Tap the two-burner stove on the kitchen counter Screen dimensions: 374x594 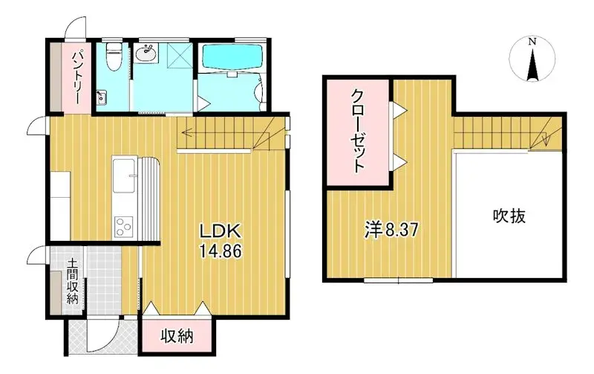coord(123,225)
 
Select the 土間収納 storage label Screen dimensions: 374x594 coord(72,280)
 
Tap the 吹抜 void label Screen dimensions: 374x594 coord(509,216)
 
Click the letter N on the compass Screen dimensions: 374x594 coord(532,42)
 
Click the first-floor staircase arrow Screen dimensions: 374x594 coord(230,135)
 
